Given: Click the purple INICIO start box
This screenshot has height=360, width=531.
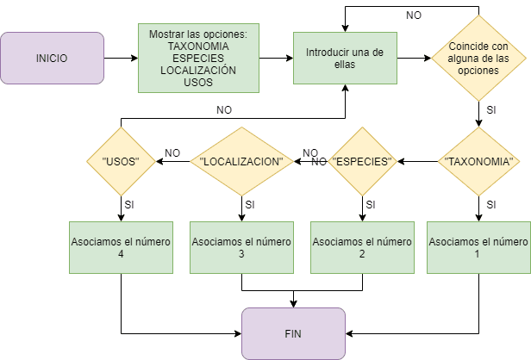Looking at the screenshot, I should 52,59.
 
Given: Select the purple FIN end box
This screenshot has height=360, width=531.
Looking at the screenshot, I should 294,333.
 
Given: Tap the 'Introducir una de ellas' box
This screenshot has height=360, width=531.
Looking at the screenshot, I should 346,58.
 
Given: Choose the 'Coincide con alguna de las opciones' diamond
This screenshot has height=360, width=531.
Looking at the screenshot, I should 478,59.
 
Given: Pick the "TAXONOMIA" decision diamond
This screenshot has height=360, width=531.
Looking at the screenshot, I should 478,161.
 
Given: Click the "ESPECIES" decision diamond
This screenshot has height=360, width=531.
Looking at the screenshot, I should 362,161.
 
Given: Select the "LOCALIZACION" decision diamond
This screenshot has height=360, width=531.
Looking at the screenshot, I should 242,161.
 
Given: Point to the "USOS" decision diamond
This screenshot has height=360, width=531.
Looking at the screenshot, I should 121,161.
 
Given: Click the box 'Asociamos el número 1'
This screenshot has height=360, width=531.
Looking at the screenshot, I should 478,247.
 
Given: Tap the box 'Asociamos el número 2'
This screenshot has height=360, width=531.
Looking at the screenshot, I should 362,247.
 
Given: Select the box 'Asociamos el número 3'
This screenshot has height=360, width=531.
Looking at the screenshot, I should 242,247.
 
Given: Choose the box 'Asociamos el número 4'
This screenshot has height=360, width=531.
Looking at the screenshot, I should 121,247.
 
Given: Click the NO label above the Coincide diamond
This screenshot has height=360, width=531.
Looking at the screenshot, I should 415,15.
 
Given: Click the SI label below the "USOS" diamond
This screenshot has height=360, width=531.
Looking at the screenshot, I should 129,205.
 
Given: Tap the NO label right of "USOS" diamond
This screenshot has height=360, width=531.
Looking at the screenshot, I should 172,153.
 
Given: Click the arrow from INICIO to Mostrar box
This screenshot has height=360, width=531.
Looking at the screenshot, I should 121,59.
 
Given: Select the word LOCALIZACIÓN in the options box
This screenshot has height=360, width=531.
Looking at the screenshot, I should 198,70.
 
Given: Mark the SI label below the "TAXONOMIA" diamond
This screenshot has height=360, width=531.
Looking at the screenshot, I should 491,205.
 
